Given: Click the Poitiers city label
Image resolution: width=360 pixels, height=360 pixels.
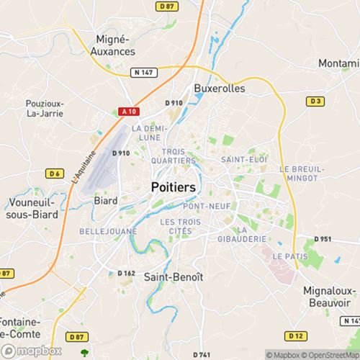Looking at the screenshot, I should [174, 187].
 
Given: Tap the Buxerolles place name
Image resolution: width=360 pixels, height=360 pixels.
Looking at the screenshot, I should [220, 89].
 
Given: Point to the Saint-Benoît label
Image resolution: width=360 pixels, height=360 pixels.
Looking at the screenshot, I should [174, 276].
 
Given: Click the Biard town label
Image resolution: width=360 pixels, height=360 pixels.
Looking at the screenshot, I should [107, 200].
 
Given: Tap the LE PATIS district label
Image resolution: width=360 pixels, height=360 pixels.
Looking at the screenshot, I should [287, 256].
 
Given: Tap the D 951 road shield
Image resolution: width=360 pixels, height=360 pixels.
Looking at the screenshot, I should [323, 239].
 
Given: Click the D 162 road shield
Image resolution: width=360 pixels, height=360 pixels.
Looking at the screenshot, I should [126, 273].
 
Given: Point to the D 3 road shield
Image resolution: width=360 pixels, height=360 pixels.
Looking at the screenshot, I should [315, 102].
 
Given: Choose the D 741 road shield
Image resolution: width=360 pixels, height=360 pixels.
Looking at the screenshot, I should [202, 355].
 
